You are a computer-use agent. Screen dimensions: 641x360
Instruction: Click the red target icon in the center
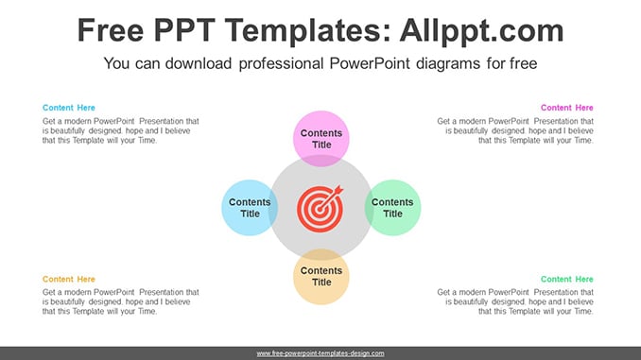320,209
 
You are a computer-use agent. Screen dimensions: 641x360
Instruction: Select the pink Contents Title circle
321,139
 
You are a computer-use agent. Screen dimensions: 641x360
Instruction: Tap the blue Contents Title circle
250,208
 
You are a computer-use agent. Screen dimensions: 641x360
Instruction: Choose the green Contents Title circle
392,208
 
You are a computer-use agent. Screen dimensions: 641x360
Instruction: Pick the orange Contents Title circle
321,277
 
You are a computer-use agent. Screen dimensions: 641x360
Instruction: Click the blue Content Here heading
69,108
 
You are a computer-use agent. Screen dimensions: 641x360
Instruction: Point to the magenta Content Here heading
566,108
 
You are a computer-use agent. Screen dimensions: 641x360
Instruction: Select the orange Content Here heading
69,279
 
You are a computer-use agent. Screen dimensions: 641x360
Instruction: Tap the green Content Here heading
566,279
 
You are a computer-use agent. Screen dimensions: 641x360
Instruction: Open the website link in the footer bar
320,353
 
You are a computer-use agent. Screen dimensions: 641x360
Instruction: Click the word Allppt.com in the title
481,30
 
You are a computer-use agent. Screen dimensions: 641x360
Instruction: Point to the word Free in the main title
111,30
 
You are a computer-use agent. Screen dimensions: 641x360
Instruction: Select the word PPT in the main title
184,30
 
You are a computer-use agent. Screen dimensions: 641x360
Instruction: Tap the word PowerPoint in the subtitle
370,63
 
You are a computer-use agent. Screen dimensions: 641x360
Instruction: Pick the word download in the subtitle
199,63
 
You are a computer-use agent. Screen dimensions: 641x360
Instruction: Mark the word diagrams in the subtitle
448,63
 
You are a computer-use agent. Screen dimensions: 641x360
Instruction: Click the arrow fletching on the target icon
338,190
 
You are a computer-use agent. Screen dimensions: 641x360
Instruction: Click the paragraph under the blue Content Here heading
121,130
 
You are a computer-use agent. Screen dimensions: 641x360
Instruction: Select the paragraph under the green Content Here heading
515,302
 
